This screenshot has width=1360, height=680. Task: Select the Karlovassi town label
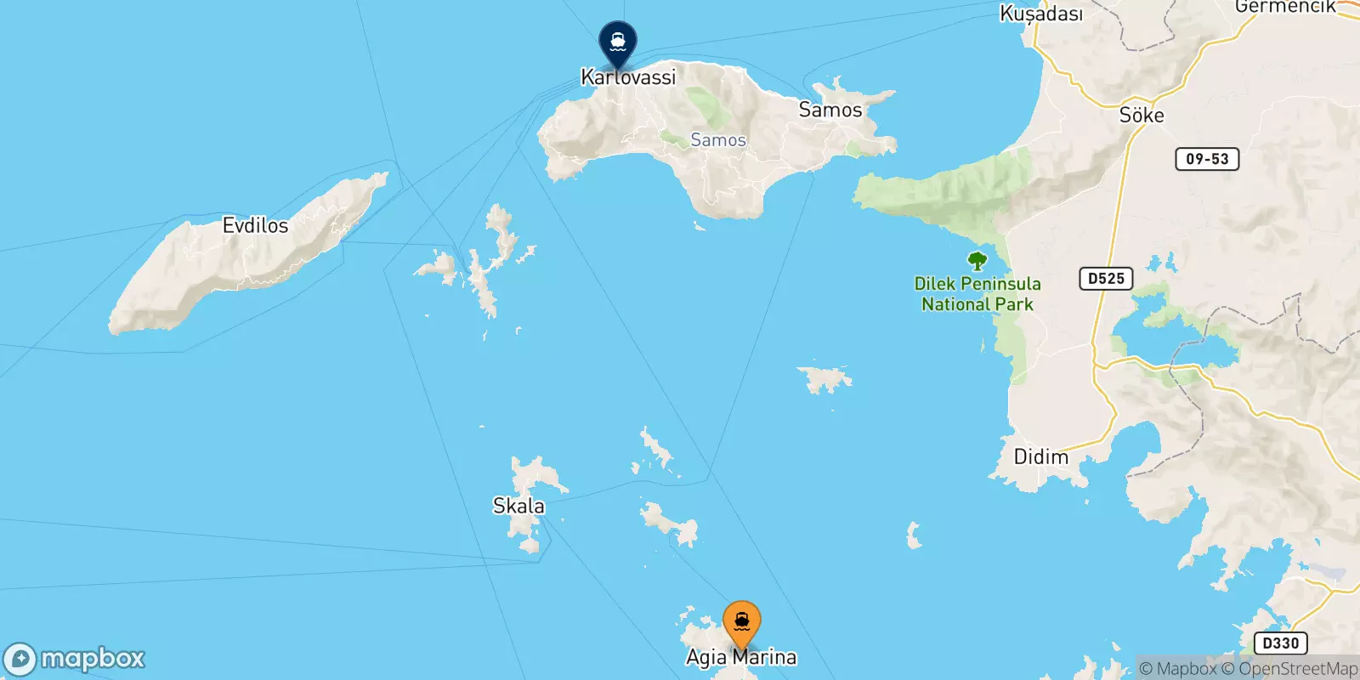click(628, 77)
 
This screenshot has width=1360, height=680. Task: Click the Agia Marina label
click(741, 657)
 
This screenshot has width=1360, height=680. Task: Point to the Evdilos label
click(255, 225)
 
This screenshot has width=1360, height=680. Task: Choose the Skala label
click(518, 506)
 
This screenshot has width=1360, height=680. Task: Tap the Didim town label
click(1040, 457)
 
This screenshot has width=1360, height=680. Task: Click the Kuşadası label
click(1041, 14)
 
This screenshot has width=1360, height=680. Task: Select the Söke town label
click(1141, 115)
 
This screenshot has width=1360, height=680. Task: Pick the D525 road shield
click(1106, 278)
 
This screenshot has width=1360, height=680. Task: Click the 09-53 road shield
click(1207, 159)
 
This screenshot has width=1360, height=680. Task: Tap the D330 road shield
click(1280, 643)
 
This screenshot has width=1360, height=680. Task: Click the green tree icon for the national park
click(977, 261)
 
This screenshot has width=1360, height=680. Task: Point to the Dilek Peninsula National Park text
click(977, 294)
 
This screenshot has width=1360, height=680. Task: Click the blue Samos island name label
click(718, 140)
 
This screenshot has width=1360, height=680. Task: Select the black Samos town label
click(830, 110)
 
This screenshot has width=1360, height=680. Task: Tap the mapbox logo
click(75, 659)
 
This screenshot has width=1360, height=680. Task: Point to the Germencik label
click(1285, 7)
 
